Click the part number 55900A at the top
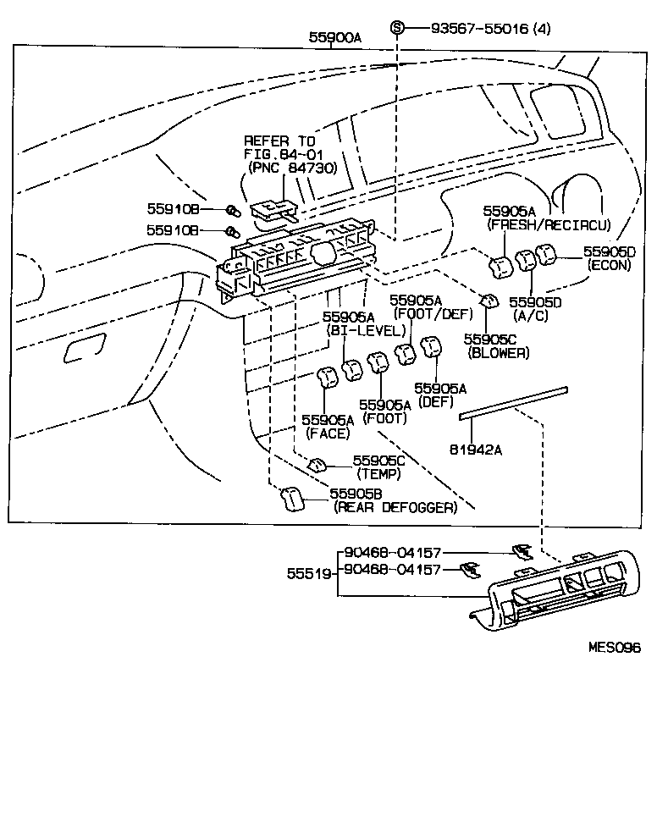(335, 37)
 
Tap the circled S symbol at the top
(398, 28)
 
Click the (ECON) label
(610, 265)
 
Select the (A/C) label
(531, 315)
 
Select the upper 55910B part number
(173, 208)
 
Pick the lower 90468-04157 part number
(393, 569)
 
